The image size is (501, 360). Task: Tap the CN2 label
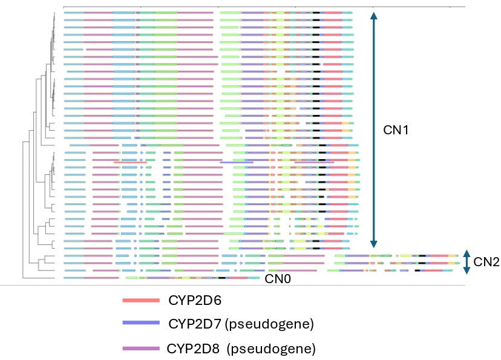tap(486, 261)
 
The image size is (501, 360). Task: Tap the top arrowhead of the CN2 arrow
tap(467, 253)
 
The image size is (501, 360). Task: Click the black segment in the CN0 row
tap(222, 278)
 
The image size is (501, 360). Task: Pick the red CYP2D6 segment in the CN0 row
tap(237, 278)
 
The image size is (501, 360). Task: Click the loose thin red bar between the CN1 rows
tap(130, 162)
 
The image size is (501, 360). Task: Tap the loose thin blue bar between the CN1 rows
tap(237, 162)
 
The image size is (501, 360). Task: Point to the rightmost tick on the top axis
tap(450, 7)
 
